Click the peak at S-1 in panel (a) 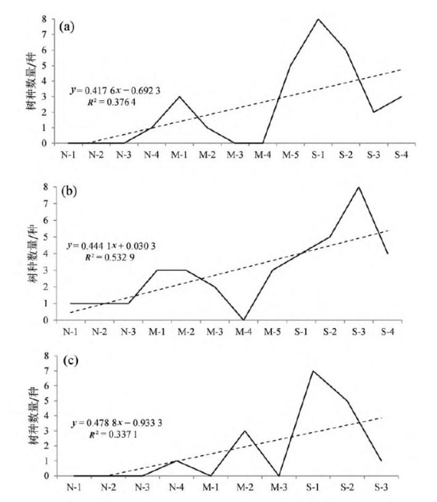[318, 18]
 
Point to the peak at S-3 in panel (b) [358, 187]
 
